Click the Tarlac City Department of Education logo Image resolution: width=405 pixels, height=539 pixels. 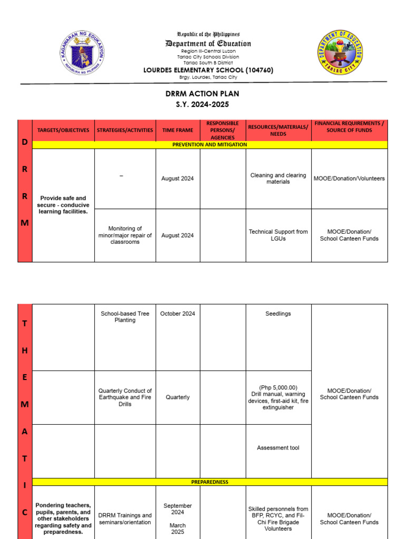point(340,53)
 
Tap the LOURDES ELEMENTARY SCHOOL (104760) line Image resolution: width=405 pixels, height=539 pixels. point(208,70)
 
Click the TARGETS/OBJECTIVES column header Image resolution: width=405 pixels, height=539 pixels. point(63,130)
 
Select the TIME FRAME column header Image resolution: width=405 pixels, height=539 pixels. point(178,130)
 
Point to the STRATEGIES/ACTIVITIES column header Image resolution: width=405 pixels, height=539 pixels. point(125,130)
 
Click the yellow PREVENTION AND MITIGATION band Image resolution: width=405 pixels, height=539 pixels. point(209,144)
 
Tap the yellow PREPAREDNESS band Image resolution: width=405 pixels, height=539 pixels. point(209,482)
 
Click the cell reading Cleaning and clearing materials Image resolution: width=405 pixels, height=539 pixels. point(278,178)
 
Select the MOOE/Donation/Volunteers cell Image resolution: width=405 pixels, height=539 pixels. point(349,178)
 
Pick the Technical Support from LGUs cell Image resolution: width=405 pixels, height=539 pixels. point(278,235)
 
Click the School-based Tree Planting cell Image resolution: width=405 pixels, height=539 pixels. point(125,316)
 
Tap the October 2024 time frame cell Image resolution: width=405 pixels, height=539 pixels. point(178,313)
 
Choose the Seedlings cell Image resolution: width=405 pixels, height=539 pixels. point(278,313)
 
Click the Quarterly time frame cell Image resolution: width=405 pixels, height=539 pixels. point(178,397)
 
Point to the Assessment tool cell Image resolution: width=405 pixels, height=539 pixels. point(278,448)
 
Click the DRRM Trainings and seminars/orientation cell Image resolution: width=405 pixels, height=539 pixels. point(125,518)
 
